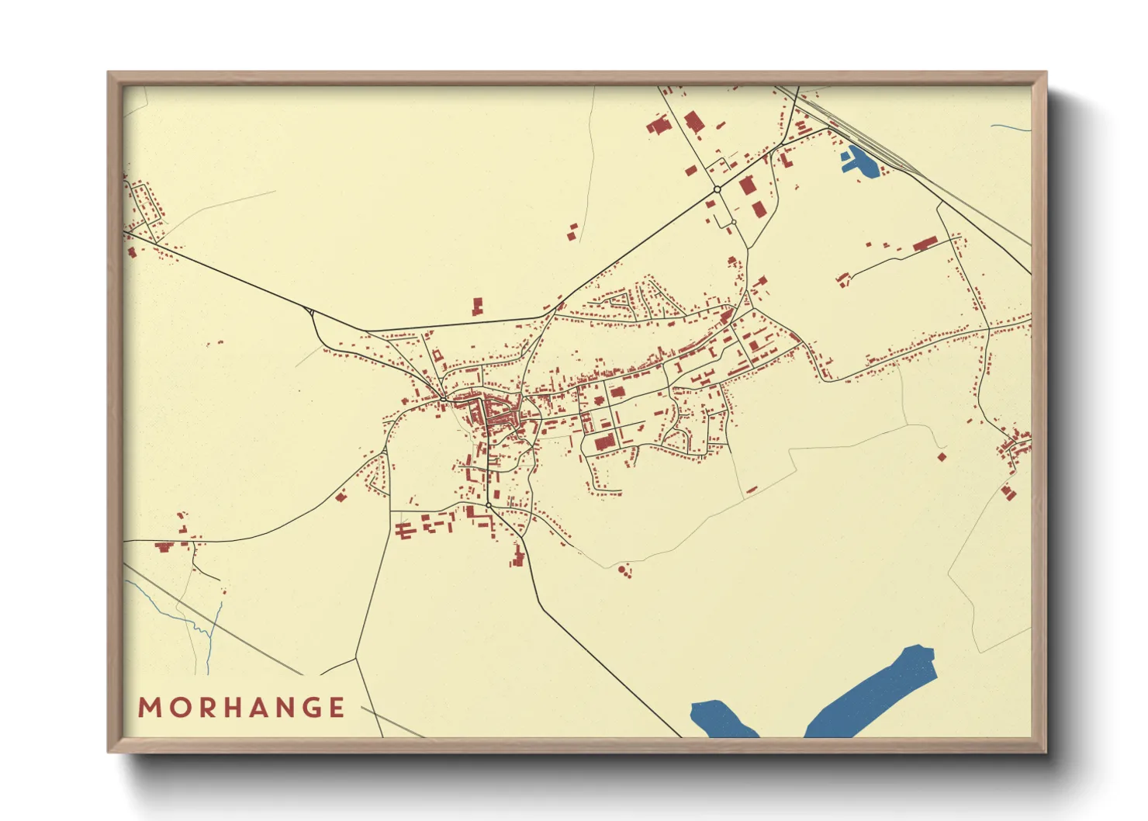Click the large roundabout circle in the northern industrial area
click(717, 189)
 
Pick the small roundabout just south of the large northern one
click(733, 223)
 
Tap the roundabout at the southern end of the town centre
click(489, 506)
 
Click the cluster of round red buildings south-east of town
click(624, 572)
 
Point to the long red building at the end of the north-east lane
click(925, 244)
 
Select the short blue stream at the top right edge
click(1010, 127)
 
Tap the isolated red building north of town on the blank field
click(478, 306)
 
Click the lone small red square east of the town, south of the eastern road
click(942, 457)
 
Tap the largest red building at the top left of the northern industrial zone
click(658, 126)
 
